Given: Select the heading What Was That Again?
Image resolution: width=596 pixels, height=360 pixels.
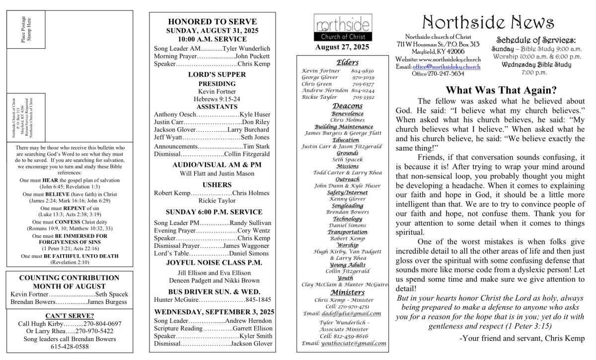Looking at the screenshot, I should pyautogui.click(x=501, y=90).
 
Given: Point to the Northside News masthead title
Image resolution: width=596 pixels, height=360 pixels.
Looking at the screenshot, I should pyautogui.click(x=489, y=22).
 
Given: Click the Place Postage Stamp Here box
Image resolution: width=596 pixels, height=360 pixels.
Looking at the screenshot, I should pyautogui.click(x=26, y=30).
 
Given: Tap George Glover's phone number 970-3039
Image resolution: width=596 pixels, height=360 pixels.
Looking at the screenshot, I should pyautogui.click(x=363, y=78).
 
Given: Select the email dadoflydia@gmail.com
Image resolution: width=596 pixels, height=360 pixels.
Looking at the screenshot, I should pyautogui.click(x=352, y=313).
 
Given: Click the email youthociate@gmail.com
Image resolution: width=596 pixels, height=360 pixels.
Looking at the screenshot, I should pyautogui.click(x=354, y=343).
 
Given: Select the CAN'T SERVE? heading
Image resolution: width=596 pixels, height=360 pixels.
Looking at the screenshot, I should pyautogui.click(x=70, y=316).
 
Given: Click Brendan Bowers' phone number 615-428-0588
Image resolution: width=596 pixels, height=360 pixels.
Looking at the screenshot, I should pyautogui.click(x=70, y=347).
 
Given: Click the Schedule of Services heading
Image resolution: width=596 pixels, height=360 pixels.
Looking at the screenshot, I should pyautogui.click(x=536, y=41).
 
